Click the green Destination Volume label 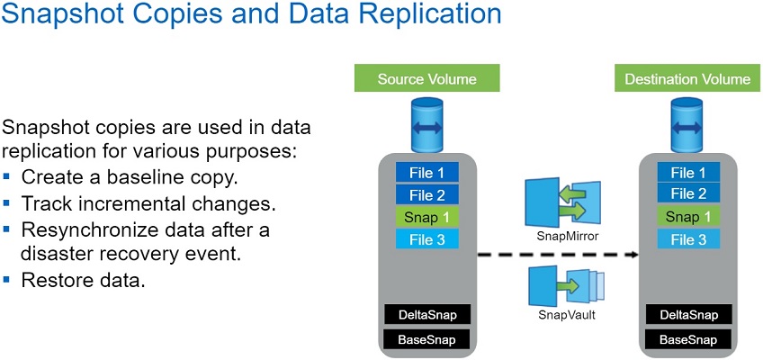(x=687, y=78)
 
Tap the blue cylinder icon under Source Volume (x=427, y=126)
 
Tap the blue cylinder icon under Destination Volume (x=687, y=126)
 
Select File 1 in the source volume (x=427, y=172)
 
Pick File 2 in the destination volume (x=687, y=193)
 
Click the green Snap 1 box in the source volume (x=427, y=216)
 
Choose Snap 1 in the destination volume (x=687, y=216)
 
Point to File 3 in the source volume (x=427, y=239)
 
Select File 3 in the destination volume (x=687, y=239)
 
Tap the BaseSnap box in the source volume (x=427, y=340)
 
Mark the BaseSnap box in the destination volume (x=687, y=340)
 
